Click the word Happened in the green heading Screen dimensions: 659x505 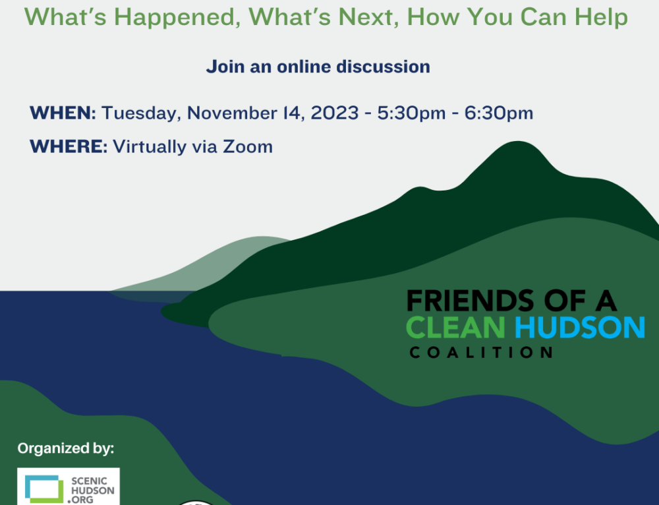tap(177, 17)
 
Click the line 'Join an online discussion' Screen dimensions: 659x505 tap(318, 67)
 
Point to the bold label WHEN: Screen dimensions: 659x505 tap(63, 113)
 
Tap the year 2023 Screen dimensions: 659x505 tap(335, 113)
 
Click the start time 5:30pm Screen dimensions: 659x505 tap(411, 113)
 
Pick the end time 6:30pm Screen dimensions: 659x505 tap(498, 113)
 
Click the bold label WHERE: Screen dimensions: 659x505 tap(69, 146)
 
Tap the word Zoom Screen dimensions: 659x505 tap(248, 146)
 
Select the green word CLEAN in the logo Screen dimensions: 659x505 tap(455, 327)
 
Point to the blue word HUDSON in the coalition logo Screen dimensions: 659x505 tap(580, 327)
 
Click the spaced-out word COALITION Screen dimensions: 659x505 tap(481, 352)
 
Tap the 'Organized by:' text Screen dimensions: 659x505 tap(65, 448)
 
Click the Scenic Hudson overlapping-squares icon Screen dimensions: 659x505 tap(44, 489)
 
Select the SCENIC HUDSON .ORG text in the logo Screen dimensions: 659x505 tap(92, 490)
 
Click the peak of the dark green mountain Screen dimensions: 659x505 tap(518, 142)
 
